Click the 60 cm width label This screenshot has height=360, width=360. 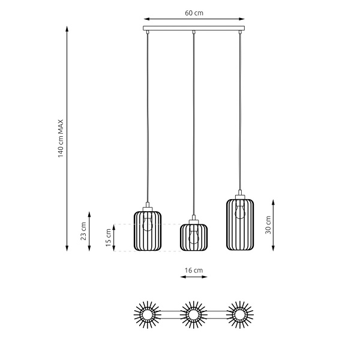tap(193, 12)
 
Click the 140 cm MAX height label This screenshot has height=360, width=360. tap(61, 139)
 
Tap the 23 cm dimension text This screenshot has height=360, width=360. tap(83, 231)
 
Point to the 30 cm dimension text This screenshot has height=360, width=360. tap(268, 224)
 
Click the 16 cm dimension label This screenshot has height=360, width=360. tap(193, 271)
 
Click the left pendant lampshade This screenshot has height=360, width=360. tap(148, 231)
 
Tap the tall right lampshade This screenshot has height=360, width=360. tap(240, 224)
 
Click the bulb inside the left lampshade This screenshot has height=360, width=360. tap(148, 224)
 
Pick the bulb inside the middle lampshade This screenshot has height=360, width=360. tap(193, 236)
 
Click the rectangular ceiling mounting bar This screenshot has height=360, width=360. tap(194, 28)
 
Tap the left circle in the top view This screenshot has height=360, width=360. tap(147, 314)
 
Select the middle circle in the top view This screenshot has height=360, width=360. tap(193, 314)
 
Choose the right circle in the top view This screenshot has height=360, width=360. tap(240, 314)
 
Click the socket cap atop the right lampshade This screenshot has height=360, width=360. tap(240, 196)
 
